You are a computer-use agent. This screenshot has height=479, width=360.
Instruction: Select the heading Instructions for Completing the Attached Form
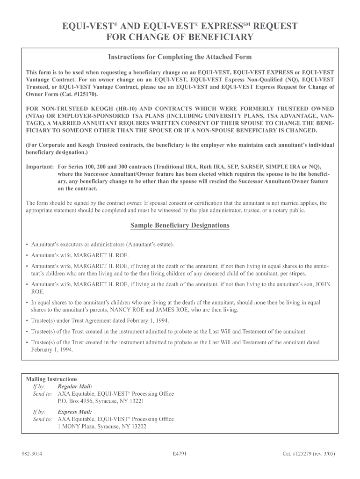pos(180,57)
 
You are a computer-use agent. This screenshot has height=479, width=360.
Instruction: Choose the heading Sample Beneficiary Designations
pos(180,225)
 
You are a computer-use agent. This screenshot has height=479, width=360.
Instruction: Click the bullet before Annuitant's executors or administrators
pos(28,245)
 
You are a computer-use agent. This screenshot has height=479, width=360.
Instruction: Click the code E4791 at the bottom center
pos(180,454)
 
